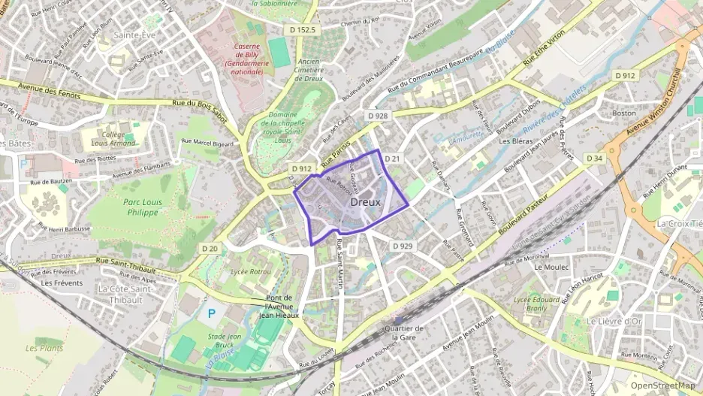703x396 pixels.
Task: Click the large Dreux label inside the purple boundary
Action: (366, 202)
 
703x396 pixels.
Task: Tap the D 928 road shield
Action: (378, 116)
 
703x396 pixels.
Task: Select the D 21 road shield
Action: (393, 159)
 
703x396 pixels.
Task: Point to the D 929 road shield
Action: (403, 246)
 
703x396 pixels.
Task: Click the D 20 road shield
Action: (210, 249)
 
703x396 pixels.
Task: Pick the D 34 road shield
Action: (595, 159)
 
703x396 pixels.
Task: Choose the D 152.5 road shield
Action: (303, 30)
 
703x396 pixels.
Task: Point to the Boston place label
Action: (624, 113)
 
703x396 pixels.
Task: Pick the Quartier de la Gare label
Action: (403, 333)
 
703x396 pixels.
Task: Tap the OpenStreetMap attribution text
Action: (662, 385)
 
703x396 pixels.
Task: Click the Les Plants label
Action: (44, 349)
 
